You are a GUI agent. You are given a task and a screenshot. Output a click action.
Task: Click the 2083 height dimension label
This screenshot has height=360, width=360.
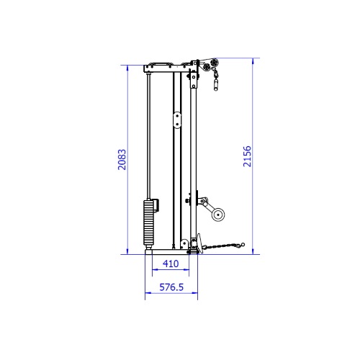pos(122,160)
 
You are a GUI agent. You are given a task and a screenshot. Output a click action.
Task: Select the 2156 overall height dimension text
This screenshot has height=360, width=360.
pos(247,156)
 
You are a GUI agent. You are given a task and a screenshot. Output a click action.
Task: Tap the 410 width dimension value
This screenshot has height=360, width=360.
pos(171,264)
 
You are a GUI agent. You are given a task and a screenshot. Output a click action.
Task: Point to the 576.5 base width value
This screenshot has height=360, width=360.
pos(171,287)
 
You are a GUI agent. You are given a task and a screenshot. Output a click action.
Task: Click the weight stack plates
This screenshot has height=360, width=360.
pos(148,223)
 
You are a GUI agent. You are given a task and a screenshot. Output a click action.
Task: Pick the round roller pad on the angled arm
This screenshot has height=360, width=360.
pos(218,215)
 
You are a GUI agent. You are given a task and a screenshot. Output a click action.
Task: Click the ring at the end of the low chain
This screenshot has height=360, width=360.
pos(243,245)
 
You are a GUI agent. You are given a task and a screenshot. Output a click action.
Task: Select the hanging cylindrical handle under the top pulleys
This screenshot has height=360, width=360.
pos(216,85)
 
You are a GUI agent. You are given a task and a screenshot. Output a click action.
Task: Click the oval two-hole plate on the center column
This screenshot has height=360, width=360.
pos(177,120)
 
